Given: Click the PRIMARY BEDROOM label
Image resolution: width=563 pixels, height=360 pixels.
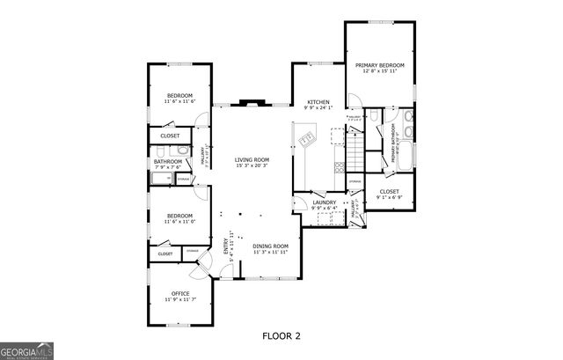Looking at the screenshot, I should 380,65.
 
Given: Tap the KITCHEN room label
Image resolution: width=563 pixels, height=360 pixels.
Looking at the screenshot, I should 318,103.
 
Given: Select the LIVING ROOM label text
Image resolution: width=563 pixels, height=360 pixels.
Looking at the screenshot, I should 251,159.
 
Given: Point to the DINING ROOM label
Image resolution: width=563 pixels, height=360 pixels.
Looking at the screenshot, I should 271,246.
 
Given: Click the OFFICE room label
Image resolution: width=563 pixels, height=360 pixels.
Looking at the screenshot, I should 180,293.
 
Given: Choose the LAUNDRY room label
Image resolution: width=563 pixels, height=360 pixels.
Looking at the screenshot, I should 325,202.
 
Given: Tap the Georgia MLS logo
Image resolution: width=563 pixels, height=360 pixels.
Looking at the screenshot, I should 26,350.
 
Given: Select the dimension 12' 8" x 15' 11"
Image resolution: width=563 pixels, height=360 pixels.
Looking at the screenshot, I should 380,73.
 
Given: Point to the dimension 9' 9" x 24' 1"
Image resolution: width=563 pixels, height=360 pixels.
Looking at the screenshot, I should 318,110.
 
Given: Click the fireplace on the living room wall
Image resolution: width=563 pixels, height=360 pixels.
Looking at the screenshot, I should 251,100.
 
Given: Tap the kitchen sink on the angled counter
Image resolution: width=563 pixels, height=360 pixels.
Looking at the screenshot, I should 306,139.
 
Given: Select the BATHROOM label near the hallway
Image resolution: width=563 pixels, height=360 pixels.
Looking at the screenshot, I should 168,161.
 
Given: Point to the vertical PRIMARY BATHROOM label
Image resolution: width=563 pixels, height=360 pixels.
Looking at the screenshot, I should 392,143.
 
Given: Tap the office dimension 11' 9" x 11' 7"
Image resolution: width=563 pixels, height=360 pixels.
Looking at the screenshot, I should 180,300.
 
